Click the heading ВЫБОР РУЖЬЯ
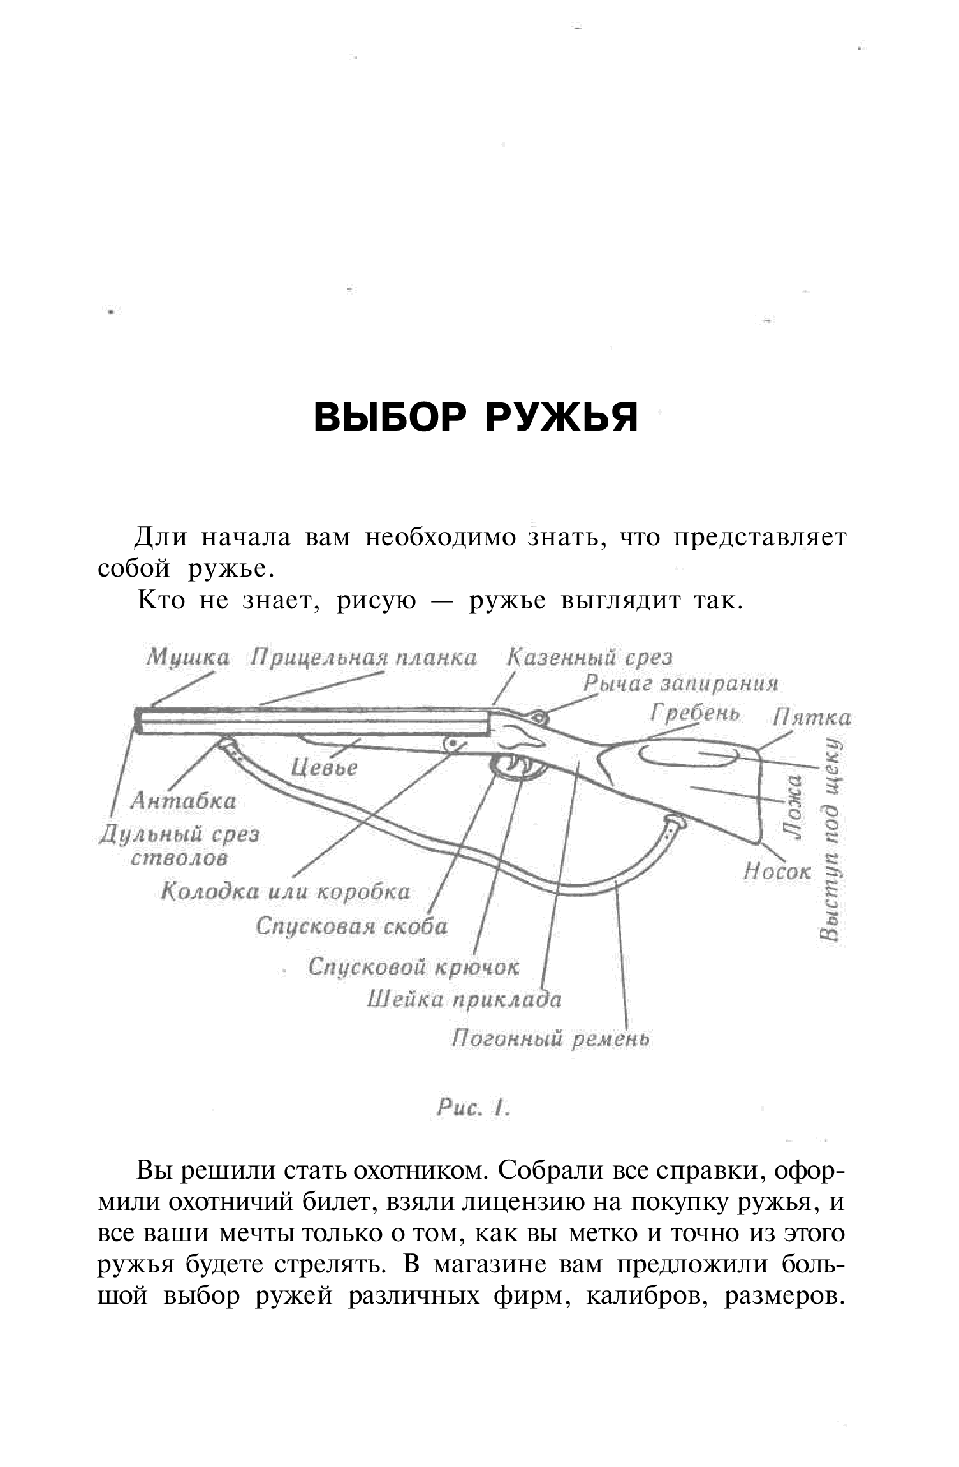[476, 418]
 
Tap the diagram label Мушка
[187, 658]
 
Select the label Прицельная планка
[363, 658]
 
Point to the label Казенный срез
[589, 658]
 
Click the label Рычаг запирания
[680, 684]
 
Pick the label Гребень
[694, 712]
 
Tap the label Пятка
[811, 718]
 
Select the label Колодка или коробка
[285, 891]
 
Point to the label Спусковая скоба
[351, 926]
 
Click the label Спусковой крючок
[414, 967]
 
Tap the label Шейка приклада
[464, 999]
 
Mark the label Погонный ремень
[550, 1040]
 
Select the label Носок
[777, 871]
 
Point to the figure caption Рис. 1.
[472, 1109]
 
